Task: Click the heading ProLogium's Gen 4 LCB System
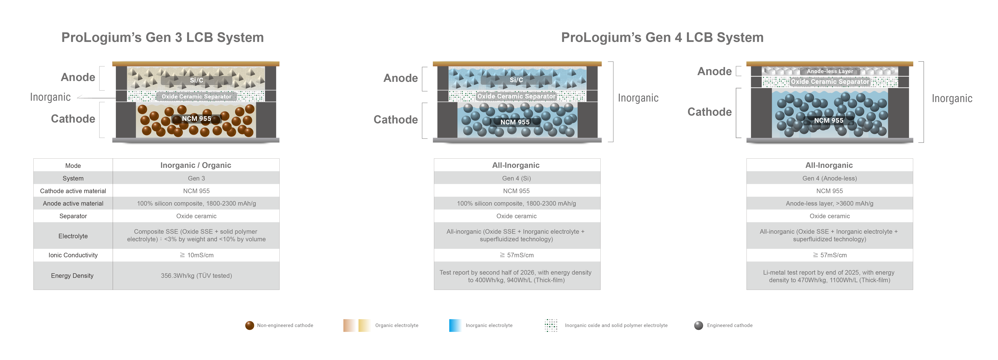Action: tap(662, 38)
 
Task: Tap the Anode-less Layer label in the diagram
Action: tap(829, 71)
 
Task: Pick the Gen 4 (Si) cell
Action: tap(517, 178)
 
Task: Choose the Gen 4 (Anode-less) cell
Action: tap(829, 178)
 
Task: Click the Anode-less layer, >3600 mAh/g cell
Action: tap(829, 203)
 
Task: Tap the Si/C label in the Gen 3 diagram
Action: tap(196, 80)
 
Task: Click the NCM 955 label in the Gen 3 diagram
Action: tap(196, 119)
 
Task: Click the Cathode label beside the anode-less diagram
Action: tap(709, 112)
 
